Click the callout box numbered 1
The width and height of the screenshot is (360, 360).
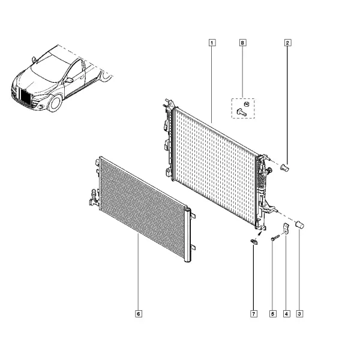[212, 43]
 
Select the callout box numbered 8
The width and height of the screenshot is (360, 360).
[242, 43]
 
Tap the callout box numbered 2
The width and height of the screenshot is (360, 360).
[287, 43]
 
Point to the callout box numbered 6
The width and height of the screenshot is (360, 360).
[139, 314]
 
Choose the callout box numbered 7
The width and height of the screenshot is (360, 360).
[254, 314]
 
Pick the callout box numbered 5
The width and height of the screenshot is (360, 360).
[273, 314]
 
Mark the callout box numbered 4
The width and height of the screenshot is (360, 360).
[286, 314]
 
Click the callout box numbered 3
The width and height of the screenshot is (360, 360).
[299, 314]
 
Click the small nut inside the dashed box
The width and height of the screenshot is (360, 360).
[247, 104]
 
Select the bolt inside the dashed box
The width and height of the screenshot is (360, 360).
[242, 112]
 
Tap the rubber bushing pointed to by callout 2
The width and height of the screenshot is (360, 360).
[285, 168]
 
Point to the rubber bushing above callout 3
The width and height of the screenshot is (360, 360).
[299, 224]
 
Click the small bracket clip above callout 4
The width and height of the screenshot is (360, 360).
[286, 229]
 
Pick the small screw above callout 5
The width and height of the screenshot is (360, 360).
[275, 238]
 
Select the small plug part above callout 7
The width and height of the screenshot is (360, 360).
[254, 242]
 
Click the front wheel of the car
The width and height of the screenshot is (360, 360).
[55, 103]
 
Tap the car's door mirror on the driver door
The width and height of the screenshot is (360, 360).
[69, 80]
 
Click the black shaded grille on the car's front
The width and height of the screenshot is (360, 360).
[25, 97]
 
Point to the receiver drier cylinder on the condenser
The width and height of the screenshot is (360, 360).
[187, 235]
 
